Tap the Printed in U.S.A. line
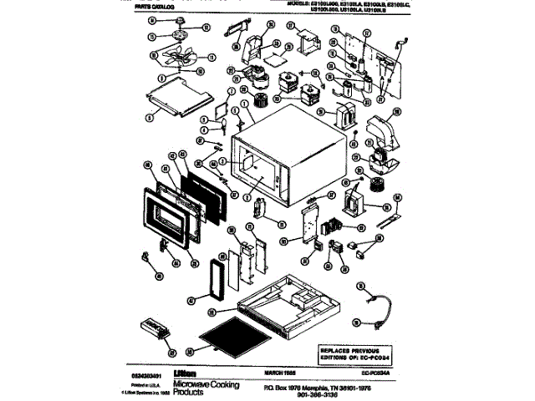(136, 383)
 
